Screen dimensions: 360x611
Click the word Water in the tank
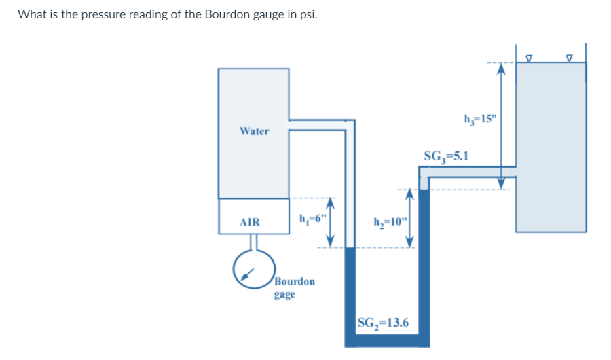tap(254, 131)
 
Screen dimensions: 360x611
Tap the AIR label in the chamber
tap(250, 222)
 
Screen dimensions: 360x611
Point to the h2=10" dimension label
tap(391, 221)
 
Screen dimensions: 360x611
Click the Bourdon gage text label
tap(294, 287)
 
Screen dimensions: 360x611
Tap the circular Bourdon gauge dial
tap(253, 270)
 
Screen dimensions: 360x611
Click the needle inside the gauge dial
tap(249, 273)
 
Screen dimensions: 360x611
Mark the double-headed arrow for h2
tap(409, 218)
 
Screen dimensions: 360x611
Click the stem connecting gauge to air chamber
tap(254, 242)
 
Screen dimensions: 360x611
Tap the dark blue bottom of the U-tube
tap(388, 339)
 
